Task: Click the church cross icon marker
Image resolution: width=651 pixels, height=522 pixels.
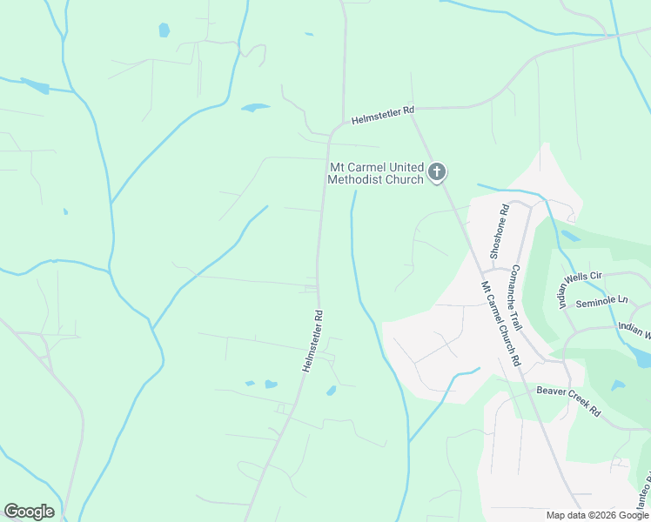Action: point(437,172)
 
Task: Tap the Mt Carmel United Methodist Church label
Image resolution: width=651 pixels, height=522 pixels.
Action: point(375,173)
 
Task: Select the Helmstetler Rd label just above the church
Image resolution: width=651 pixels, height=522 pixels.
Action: point(383,115)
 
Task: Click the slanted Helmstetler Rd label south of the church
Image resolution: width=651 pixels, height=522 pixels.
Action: point(313,341)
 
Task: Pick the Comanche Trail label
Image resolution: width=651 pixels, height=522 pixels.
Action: point(516,297)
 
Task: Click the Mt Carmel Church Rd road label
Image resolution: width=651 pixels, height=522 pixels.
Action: point(500,323)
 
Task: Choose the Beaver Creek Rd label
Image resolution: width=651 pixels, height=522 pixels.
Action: point(568,400)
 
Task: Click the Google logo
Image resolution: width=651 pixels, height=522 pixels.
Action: point(29,511)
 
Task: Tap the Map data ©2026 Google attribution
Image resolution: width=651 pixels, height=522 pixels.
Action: point(598,515)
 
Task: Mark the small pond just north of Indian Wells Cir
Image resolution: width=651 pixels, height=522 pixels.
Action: point(570,235)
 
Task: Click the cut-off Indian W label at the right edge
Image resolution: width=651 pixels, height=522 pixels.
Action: point(634,330)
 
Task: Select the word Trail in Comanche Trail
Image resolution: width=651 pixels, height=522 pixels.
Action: point(519,318)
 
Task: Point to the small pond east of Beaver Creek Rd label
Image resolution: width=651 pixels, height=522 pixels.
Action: point(618,385)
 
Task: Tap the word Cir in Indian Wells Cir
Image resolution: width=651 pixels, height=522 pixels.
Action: point(596,277)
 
